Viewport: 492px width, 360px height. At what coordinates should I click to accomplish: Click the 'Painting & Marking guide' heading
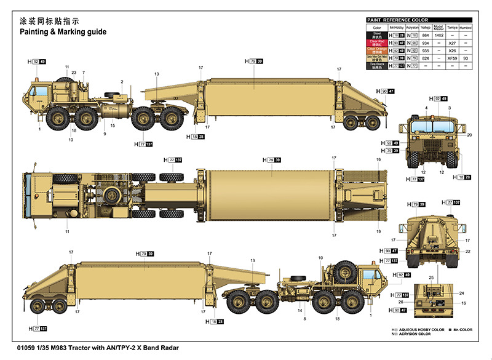click(63, 31)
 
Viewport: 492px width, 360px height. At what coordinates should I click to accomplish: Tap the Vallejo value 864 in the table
click(426, 36)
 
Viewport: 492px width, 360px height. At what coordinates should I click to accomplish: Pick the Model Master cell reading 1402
click(438, 36)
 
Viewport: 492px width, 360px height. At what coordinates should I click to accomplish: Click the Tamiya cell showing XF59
click(453, 58)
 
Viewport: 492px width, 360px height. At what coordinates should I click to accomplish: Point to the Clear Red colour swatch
click(377, 43)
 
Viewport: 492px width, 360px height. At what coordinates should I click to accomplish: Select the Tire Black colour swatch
click(377, 65)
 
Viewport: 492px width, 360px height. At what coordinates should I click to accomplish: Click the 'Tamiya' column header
click(453, 28)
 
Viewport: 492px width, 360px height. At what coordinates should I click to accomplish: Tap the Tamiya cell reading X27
click(453, 44)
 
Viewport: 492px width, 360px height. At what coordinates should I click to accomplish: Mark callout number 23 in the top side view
click(74, 73)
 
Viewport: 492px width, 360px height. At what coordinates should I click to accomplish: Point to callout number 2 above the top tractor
click(122, 81)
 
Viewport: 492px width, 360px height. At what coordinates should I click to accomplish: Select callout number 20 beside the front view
click(469, 134)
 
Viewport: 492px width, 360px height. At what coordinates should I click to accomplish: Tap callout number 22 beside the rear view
click(467, 251)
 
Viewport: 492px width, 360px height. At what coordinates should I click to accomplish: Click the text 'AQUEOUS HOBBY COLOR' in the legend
click(423, 329)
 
